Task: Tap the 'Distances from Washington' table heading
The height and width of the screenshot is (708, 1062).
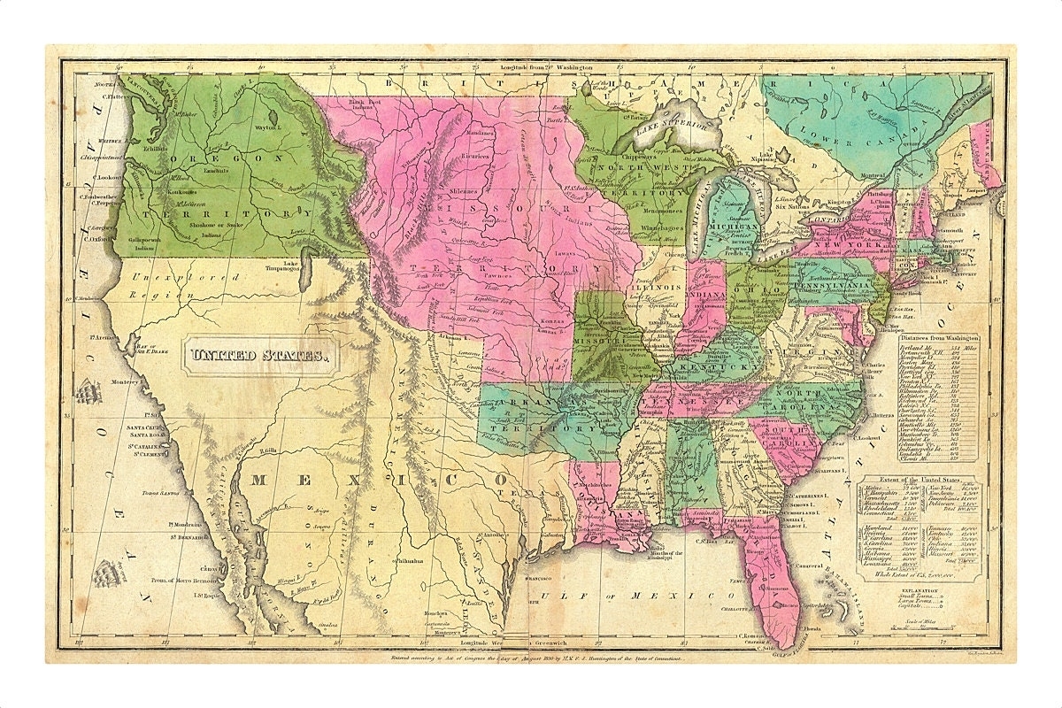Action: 938,339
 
